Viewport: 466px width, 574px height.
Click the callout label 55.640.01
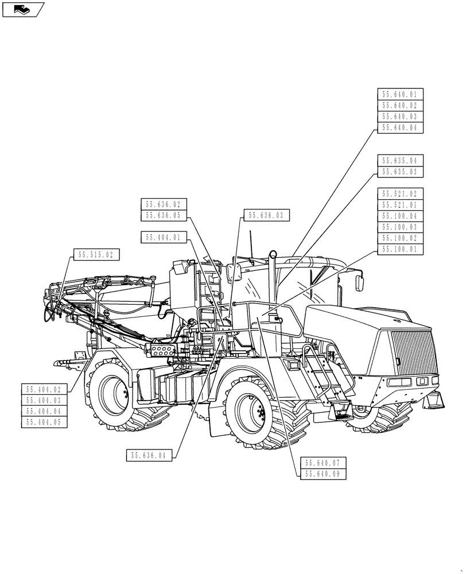coord(400,95)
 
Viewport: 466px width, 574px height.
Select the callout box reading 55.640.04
coord(400,127)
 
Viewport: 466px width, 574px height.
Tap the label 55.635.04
coord(400,160)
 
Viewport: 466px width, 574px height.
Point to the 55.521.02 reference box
coord(400,193)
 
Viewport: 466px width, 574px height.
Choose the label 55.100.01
coord(400,249)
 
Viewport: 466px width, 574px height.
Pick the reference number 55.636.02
coord(164,204)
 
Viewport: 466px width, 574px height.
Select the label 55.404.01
coord(164,236)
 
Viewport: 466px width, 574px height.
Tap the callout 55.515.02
coord(96,254)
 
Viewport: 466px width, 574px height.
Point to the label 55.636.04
coord(150,455)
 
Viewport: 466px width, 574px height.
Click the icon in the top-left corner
coord(22,9)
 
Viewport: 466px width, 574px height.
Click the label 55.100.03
coord(400,227)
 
